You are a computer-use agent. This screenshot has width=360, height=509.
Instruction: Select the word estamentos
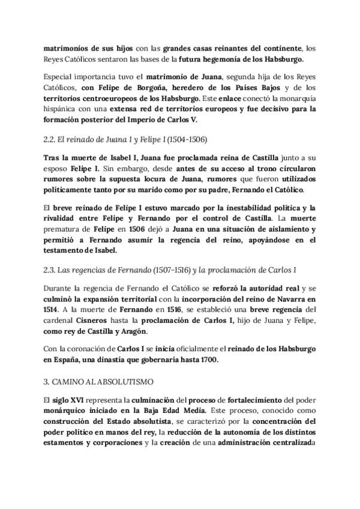tap(70, 442)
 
